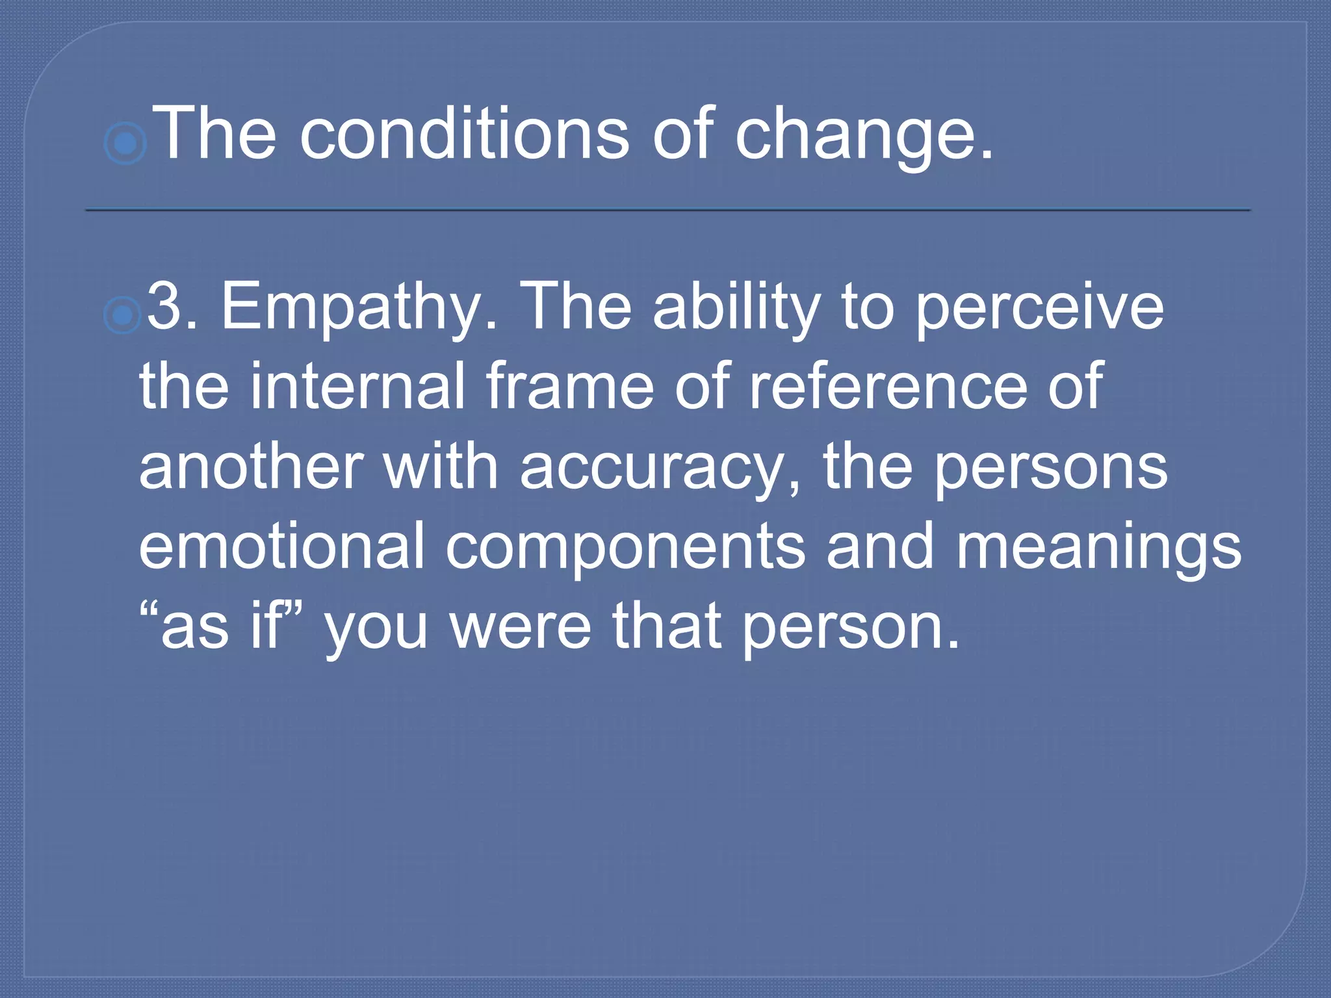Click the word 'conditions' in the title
coord(464,134)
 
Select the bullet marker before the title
coord(125,142)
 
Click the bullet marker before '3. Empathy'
coord(122,315)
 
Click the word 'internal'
coord(357,386)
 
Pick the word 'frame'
coord(570,386)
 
